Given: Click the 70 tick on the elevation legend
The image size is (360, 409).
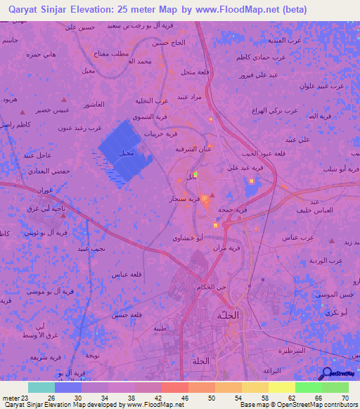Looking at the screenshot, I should point(345,398).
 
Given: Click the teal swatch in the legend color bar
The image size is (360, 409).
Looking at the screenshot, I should point(41,387).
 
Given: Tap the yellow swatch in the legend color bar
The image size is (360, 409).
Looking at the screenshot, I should point(282,387).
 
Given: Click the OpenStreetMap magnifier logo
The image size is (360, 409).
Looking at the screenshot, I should point(326,374).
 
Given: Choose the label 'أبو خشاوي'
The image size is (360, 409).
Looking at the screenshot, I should point(188,238).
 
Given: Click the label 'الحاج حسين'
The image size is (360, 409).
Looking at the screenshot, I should point(167,43).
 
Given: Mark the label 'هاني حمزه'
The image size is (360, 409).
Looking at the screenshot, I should point(41,54).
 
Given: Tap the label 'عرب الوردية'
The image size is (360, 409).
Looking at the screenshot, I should point(327,260).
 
